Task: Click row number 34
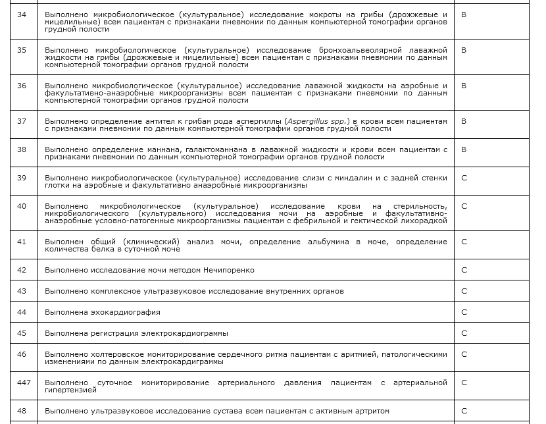tap(22, 14)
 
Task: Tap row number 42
tap(22, 270)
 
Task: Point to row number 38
tap(22, 149)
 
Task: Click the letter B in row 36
tap(464, 86)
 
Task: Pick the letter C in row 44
tap(464, 312)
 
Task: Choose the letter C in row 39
tap(464, 178)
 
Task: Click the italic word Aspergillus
tap(308, 122)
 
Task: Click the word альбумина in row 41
tap(320, 242)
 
